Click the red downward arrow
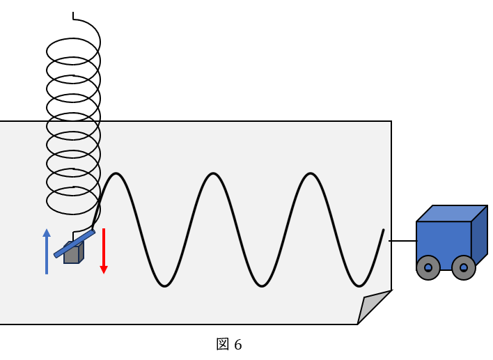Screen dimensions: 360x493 tap(104, 249)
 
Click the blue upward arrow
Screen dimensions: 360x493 tap(47, 252)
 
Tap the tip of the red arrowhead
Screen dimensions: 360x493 tap(104, 273)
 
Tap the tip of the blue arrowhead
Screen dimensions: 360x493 tap(47, 229)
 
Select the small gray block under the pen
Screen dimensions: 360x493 tap(72, 254)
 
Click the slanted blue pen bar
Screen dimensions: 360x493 tap(74, 244)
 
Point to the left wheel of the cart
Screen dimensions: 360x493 tap(428, 267)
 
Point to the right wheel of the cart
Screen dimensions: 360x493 tap(464, 267)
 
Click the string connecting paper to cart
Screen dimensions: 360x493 tap(402, 241)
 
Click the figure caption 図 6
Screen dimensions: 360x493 tap(229, 345)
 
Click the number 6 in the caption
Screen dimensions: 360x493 tap(238, 345)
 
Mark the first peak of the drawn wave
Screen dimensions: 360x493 tap(117, 173)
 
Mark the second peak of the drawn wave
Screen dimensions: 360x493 tap(213, 173)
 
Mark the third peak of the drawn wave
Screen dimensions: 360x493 tap(310, 173)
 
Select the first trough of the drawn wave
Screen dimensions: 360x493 tap(165, 285)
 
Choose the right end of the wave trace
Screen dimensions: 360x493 tap(384, 230)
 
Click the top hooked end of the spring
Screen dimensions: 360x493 tap(73, 15)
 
